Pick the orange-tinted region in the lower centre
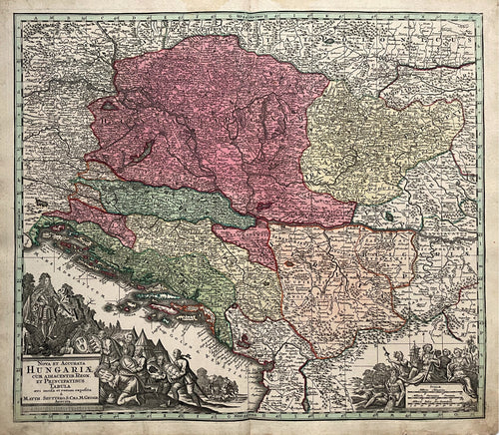339,279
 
